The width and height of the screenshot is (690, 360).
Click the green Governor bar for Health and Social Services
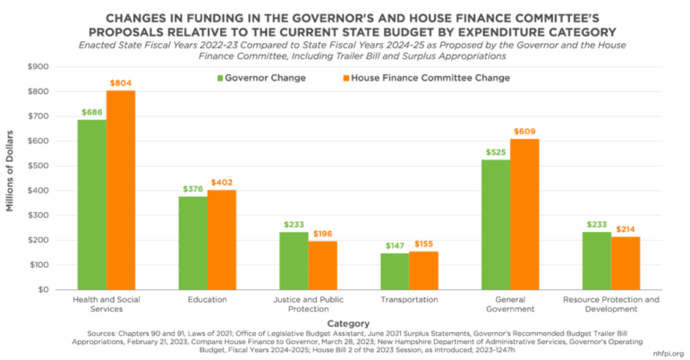click(x=92, y=204)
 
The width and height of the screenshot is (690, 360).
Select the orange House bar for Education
click(x=222, y=239)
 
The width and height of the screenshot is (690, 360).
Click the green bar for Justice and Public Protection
click(x=294, y=261)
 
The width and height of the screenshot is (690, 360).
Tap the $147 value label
click(x=396, y=245)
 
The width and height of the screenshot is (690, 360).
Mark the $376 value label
click(x=192, y=189)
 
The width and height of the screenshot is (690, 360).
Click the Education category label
click(x=208, y=301)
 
